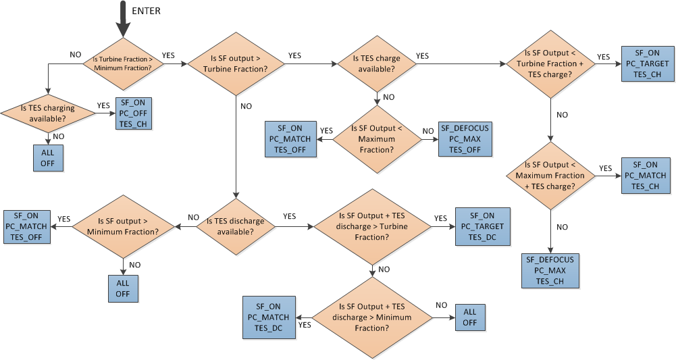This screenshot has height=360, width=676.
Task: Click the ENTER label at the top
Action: pyautogui.click(x=147, y=11)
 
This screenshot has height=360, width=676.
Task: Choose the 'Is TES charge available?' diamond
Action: pyautogui.click(x=378, y=63)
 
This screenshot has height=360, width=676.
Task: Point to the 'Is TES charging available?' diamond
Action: pyautogui.click(x=48, y=113)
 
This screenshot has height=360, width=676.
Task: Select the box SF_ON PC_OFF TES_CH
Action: pyautogui.click(x=134, y=113)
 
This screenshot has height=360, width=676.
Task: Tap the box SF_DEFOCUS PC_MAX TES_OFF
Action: pyautogui.click(x=465, y=139)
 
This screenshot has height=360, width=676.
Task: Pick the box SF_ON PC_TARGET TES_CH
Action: pyautogui.click(x=647, y=64)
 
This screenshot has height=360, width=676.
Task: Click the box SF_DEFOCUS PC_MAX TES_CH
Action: pyautogui.click(x=550, y=270)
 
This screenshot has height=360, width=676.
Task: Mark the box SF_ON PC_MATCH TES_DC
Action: pyautogui.click(x=268, y=317)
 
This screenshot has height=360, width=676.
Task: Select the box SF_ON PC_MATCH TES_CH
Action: pyautogui.click(x=646, y=176)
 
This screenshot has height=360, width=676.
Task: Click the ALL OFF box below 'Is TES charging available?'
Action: pyautogui.click(x=48, y=157)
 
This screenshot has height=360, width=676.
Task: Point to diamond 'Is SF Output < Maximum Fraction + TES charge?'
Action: pyautogui.click(x=550, y=176)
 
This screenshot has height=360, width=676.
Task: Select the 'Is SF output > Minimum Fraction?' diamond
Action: pyautogui.click(x=122, y=226)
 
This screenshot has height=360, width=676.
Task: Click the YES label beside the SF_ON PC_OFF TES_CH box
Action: pyautogui.click(x=104, y=105)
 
